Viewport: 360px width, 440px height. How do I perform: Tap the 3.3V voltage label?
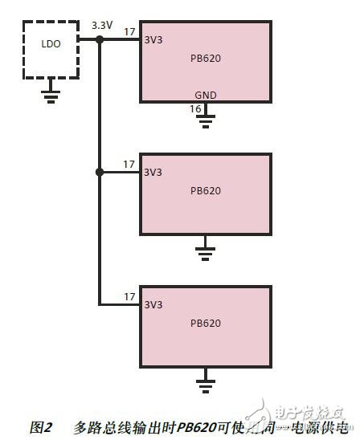[101, 25]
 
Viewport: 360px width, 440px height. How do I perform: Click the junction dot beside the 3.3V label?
[99, 39]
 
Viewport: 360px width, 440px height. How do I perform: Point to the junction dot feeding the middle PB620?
[99, 172]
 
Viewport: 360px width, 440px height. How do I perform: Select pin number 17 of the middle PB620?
[129, 165]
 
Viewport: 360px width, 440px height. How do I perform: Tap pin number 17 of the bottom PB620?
[129, 297]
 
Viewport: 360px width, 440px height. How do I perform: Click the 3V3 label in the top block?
[153, 39]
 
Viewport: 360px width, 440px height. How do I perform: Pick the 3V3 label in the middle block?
[153, 172]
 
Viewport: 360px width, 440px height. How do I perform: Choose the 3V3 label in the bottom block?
[153, 305]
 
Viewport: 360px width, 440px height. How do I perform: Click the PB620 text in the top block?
[205, 59]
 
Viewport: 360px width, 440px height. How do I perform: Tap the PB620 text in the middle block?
[205, 191]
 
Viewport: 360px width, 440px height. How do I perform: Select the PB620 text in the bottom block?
[205, 324]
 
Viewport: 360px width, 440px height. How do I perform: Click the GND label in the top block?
[206, 95]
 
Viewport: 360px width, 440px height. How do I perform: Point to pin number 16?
[194, 109]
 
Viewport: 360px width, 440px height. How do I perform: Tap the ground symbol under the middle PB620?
[207, 251]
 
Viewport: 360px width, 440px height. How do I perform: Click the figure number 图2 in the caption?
[41, 427]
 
